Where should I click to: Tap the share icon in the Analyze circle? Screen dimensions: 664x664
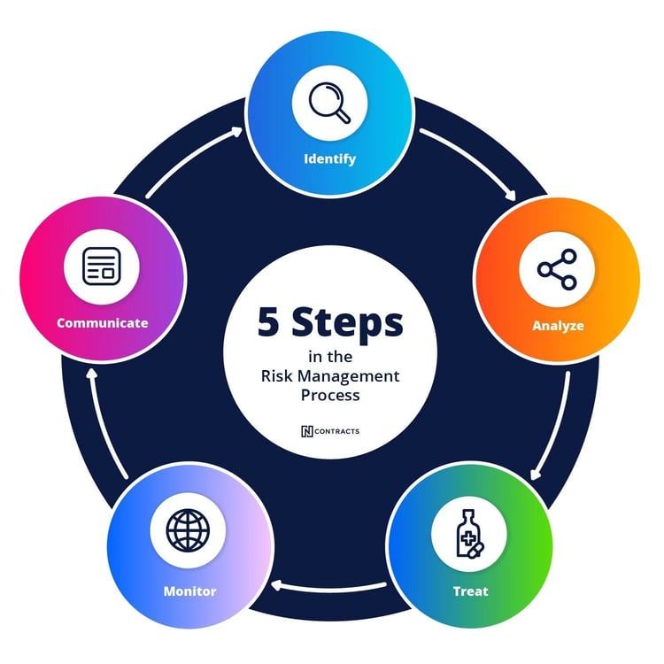pyautogui.click(x=557, y=270)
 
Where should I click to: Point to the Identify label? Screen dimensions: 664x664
pyautogui.click(x=329, y=159)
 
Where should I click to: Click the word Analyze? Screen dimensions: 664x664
pyautogui.click(x=558, y=325)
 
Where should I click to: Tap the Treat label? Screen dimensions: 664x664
pyautogui.click(x=470, y=591)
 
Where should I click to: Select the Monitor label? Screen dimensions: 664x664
pyautogui.click(x=189, y=591)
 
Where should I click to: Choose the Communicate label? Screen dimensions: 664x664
pyautogui.click(x=102, y=322)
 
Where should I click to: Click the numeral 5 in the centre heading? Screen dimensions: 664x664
pyautogui.click(x=270, y=322)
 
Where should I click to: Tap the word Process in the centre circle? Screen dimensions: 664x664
pyautogui.click(x=329, y=395)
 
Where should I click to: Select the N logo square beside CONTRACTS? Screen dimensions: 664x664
pyautogui.click(x=307, y=431)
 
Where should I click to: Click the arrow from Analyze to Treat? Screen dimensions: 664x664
pyautogui.click(x=552, y=426)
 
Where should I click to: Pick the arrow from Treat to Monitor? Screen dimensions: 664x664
pyautogui.click(x=329, y=584)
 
